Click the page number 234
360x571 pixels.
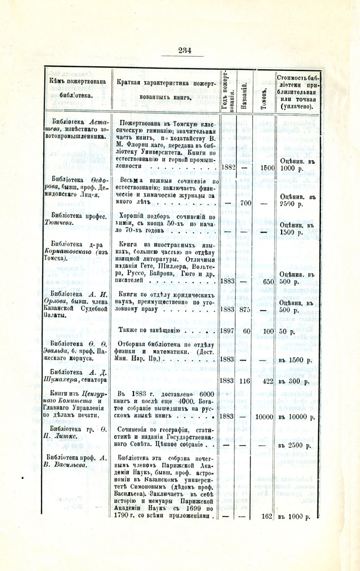point(185,50)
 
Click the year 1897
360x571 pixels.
point(227,330)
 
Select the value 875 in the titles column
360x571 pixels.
point(245,310)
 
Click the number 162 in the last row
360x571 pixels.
point(267,517)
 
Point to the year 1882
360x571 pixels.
point(228,169)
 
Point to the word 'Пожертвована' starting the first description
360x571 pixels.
point(144,123)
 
